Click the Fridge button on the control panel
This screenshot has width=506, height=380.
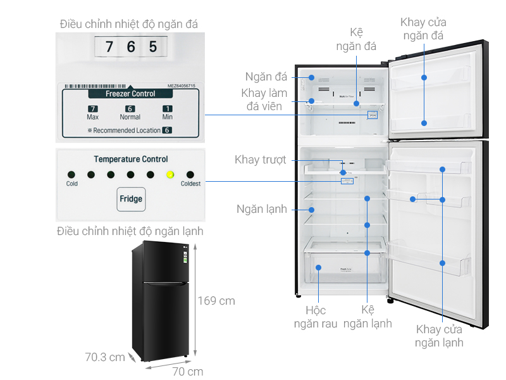tap(131, 199)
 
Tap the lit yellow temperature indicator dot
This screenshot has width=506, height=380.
tap(170, 175)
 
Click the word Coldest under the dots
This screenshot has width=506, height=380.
tap(190, 184)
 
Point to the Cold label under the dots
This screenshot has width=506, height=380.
tap(72, 184)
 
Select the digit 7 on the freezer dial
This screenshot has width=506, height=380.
tap(109, 47)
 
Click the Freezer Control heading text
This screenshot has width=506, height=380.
tap(130, 94)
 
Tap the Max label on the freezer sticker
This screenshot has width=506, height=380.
tap(92, 117)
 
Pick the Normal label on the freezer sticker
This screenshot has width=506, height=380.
tap(130, 117)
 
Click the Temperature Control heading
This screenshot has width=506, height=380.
tap(130, 160)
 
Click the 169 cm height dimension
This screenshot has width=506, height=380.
tap(216, 301)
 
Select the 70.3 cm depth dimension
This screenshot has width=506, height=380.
tap(105, 358)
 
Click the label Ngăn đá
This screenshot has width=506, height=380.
tap(266, 77)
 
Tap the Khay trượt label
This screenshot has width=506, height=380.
tap(261, 160)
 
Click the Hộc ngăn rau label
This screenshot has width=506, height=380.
tap(316, 317)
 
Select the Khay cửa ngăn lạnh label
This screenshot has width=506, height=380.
tap(439, 336)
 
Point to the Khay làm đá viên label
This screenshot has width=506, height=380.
tap(264, 100)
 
